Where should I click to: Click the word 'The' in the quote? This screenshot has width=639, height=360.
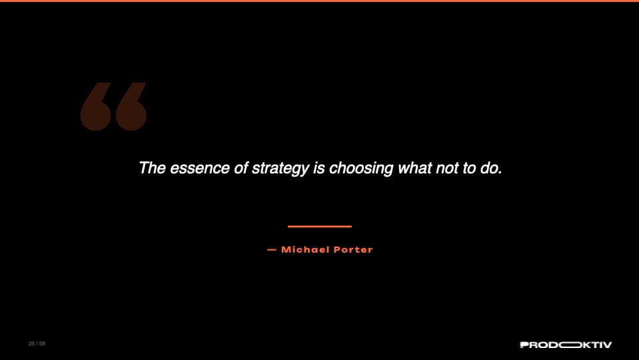pos(152,168)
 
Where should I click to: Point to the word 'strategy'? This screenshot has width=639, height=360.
pos(281,169)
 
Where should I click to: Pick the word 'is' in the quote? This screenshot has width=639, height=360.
pos(319,168)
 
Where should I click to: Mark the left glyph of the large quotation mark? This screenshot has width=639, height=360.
pos(95,107)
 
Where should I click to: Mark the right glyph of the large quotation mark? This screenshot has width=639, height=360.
pos(131,107)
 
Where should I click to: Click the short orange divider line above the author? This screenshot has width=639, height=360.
pos(319,227)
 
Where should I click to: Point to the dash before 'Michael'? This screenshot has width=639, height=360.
pos(271,250)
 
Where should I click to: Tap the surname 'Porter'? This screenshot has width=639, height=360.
pos(354,250)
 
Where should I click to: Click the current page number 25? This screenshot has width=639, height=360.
pos(31,344)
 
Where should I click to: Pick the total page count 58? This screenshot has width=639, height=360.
pos(42,344)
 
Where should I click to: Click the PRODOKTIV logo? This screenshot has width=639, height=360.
pos(565,345)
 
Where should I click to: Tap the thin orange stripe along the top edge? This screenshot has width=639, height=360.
pos(319,1)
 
